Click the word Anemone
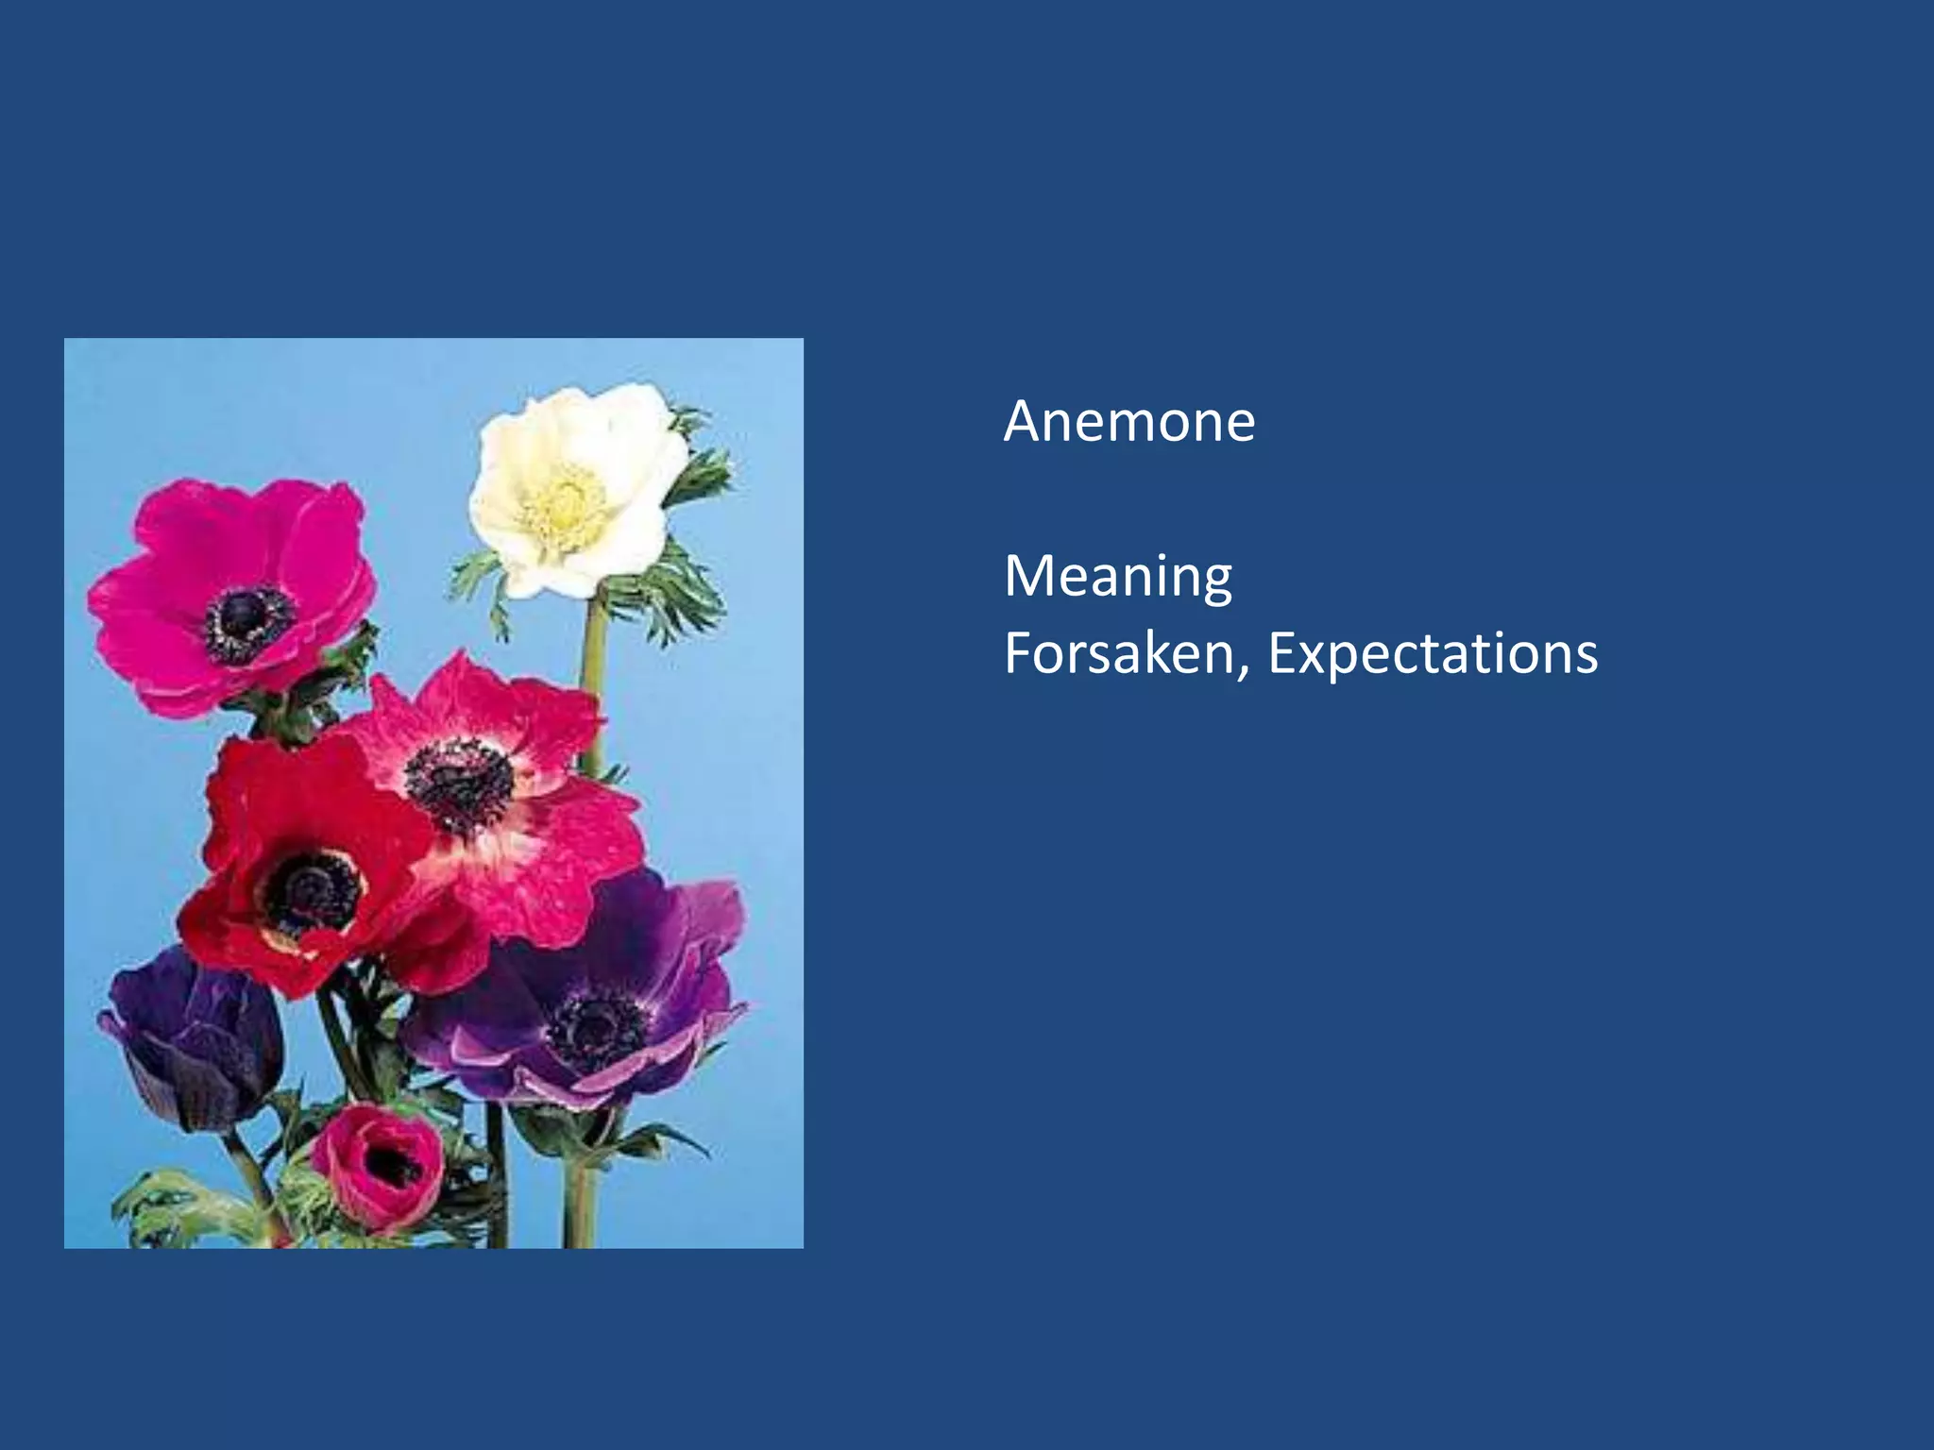[1129, 421]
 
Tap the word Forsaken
[1118, 653]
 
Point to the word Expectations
[1433, 653]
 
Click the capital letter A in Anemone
[1023, 421]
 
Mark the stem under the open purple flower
[578, 1199]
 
